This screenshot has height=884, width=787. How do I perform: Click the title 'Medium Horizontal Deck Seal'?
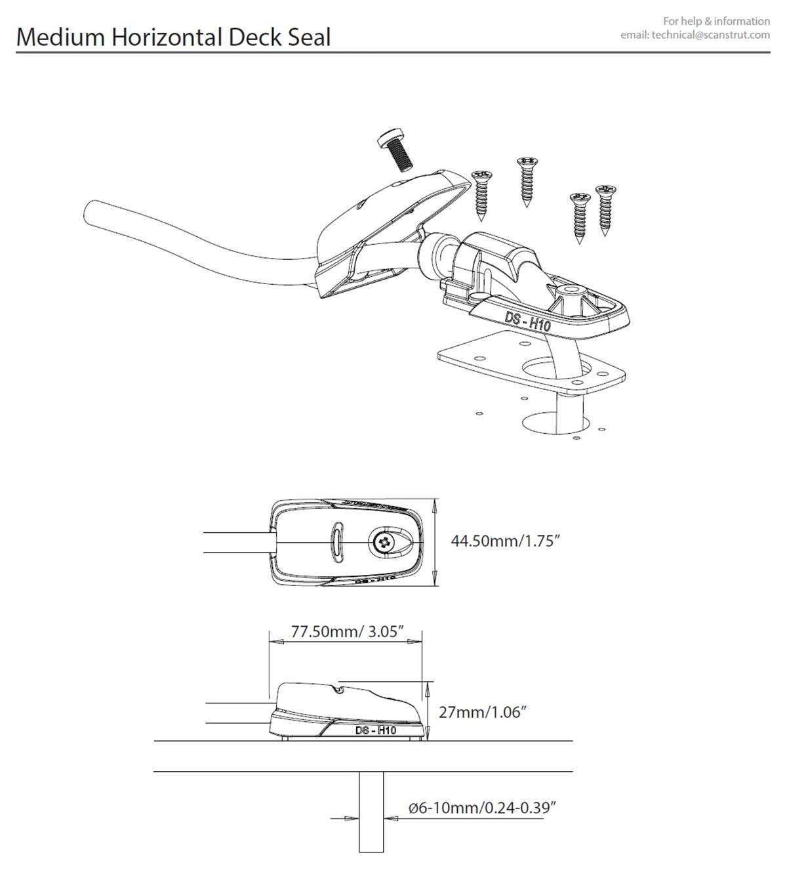173,37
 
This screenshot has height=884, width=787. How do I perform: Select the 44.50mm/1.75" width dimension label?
505,541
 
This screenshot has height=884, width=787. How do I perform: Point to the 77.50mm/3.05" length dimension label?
347,632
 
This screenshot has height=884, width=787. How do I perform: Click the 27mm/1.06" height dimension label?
483,711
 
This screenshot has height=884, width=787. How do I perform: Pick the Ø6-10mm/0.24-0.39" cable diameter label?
482,807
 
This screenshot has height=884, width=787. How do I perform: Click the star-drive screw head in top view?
382,541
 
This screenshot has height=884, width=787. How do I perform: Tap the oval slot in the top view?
338,541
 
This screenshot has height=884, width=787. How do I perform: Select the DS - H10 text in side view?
375,730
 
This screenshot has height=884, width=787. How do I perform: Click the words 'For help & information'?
716,21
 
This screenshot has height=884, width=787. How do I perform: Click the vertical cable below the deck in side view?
371,814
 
